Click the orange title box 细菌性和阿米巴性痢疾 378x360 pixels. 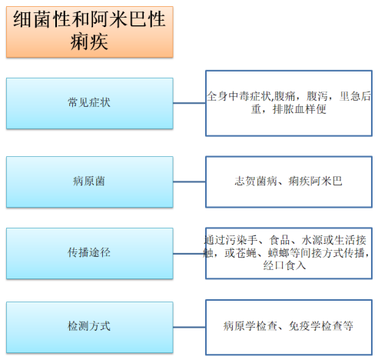[90, 32]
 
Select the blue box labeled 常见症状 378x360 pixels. [90, 103]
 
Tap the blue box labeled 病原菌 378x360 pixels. [90, 182]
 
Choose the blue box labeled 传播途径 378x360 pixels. [90, 253]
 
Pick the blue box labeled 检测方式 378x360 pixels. [90, 328]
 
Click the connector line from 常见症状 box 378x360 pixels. [189, 103]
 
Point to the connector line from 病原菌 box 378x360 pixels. [189, 182]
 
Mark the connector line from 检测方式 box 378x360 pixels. [189, 327]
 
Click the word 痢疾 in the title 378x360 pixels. [89, 42]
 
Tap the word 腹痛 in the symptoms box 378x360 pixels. [284, 96]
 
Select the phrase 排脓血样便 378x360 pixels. [300, 109]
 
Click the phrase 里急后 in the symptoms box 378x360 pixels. [355, 96]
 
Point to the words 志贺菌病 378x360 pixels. [256, 181]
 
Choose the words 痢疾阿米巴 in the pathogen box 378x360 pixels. [315, 181]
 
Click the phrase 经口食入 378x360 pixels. [284, 265]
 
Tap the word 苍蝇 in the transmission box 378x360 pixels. [247, 253]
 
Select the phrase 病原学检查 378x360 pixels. [250, 326]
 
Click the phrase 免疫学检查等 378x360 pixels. [321, 326]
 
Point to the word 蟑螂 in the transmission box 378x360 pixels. [278, 253]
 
